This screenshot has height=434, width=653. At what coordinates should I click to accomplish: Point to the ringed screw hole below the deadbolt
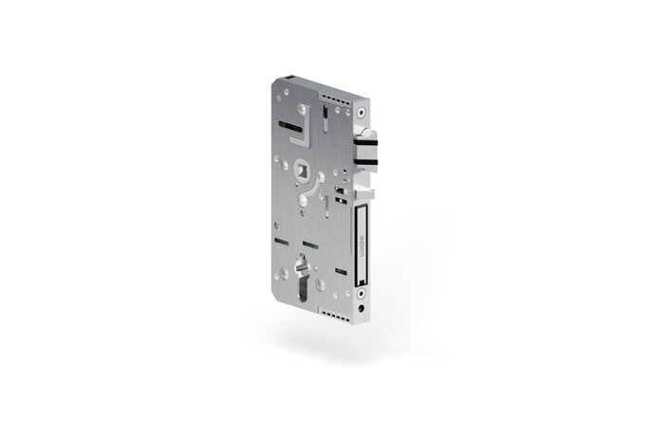pos(363,296)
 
